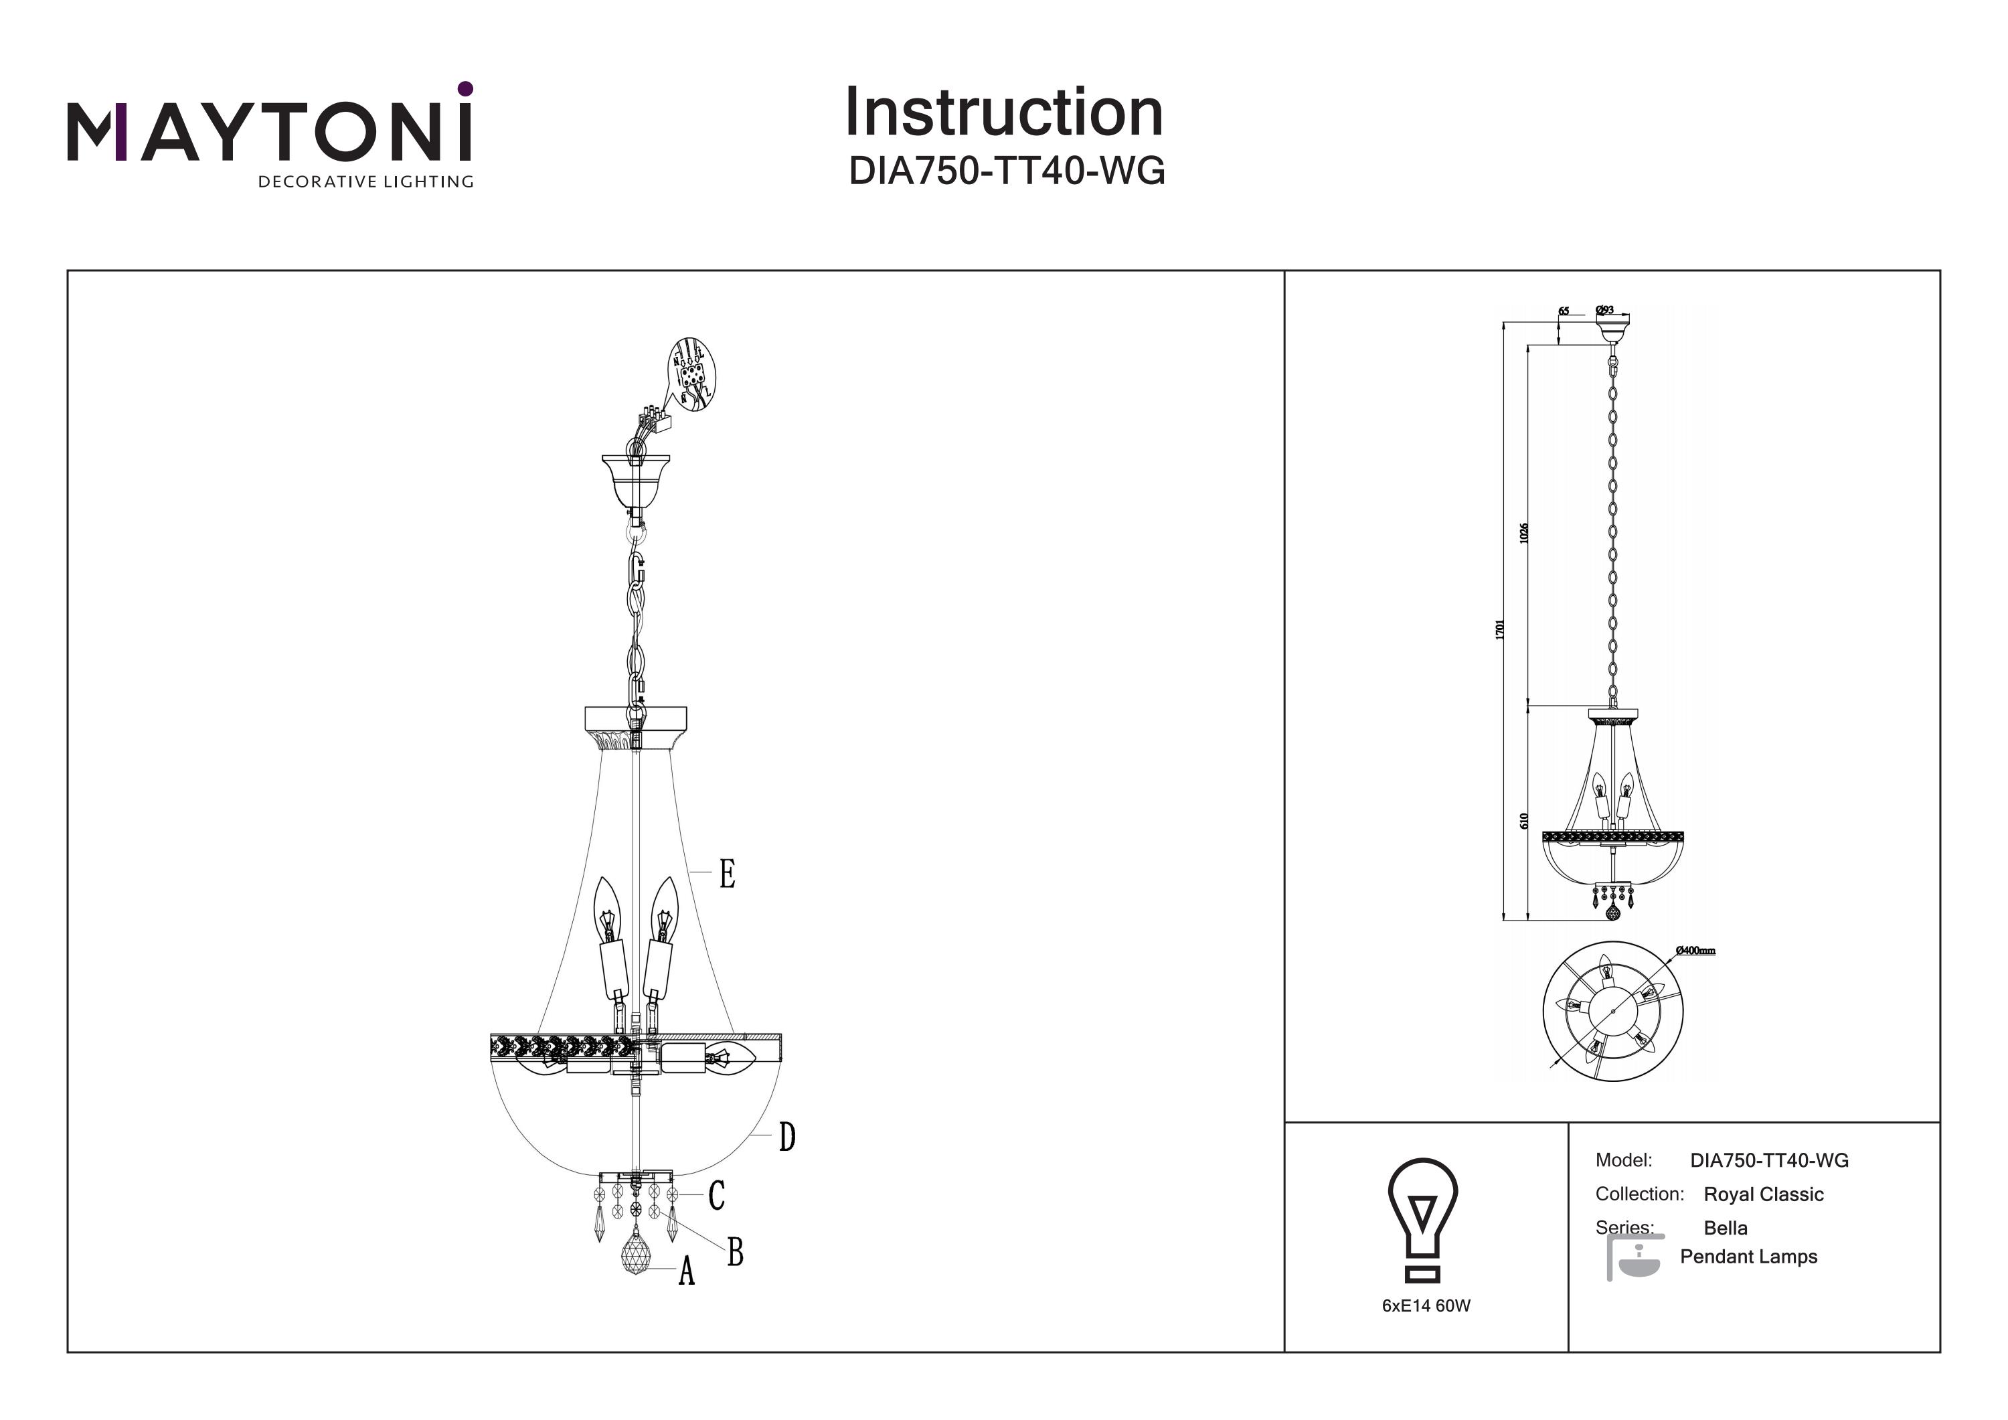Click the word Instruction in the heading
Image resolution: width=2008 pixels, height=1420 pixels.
tap(1003, 113)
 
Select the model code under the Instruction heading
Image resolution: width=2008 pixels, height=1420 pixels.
tap(1007, 171)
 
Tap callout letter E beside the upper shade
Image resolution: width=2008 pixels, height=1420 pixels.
tap(727, 874)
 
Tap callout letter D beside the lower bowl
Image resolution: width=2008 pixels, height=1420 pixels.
tap(786, 1137)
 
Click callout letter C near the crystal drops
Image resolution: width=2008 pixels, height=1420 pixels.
tap(716, 1195)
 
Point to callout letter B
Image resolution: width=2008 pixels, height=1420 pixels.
tap(735, 1252)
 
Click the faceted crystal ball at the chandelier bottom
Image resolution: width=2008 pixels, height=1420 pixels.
tap(636, 1253)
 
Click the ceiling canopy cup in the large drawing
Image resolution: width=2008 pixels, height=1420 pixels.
tap(636, 481)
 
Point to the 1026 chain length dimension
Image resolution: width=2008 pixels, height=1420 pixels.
tap(1523, 532)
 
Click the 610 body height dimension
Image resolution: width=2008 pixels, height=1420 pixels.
tap(1523, 821)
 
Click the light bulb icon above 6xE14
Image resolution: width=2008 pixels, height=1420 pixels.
tap(1422, 1218)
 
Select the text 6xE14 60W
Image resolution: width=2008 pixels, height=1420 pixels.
tap(1426, 1306)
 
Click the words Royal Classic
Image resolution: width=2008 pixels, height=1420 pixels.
tap(1763, 1194)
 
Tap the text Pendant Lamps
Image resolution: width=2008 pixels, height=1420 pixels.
tap(1748, 1257)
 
